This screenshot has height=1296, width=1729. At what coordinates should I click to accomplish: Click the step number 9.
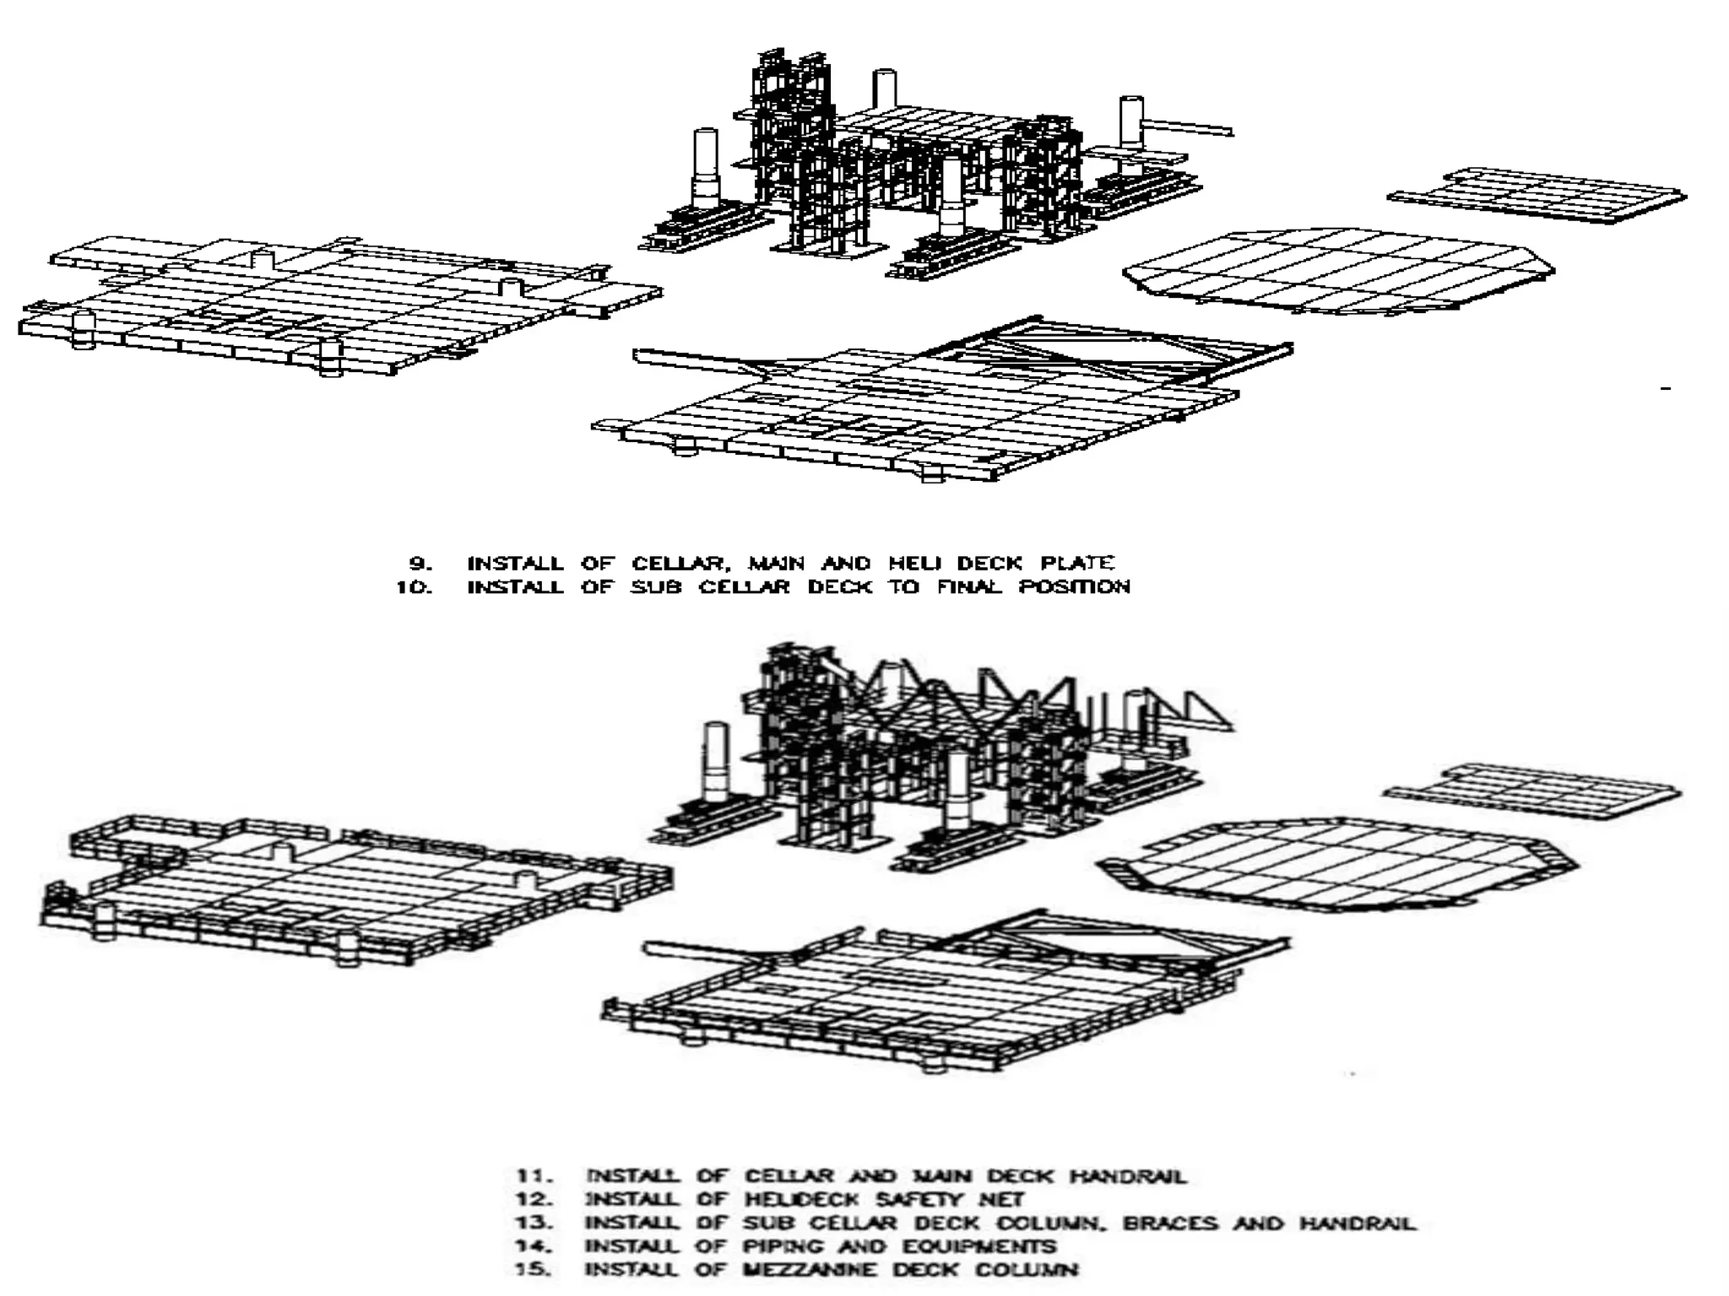[420, 563]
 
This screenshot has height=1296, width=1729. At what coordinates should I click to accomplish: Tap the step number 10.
[415, 586]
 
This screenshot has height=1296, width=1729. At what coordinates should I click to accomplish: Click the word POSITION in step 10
[1074, 586]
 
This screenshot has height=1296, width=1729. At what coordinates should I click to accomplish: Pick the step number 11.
[534, 1175]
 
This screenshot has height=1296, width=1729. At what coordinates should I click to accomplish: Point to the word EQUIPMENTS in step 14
[979, 1246]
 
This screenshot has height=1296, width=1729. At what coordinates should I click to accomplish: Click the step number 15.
[534, 1270]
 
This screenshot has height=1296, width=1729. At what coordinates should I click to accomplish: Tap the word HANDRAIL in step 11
[1128, 1175]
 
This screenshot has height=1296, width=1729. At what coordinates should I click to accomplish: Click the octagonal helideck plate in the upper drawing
[1338, 270]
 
